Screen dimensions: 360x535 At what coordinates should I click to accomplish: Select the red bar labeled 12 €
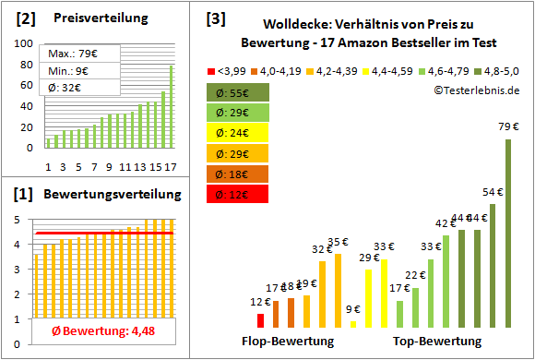tap(261, 320)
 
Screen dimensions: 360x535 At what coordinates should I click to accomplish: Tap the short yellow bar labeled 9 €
tap(353, 323)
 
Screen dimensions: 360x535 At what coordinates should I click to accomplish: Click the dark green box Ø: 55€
tap(237, 92)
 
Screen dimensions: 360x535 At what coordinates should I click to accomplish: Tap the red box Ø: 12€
tap(237, 194)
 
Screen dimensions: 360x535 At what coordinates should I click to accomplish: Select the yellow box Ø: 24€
tap(237, 133)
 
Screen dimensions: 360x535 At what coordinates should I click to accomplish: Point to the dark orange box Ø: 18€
tap(237, 174)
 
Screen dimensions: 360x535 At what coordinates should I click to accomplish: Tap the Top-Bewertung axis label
tap(437, 342)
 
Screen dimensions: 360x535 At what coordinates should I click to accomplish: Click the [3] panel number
tap(215, 18)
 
